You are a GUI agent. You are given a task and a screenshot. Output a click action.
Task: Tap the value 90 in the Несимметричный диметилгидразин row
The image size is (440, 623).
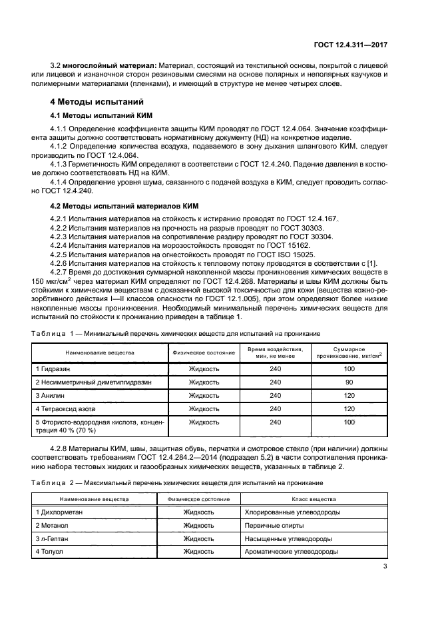[349, 382]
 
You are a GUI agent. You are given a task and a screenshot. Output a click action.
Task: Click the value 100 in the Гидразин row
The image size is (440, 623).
[349, 368]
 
